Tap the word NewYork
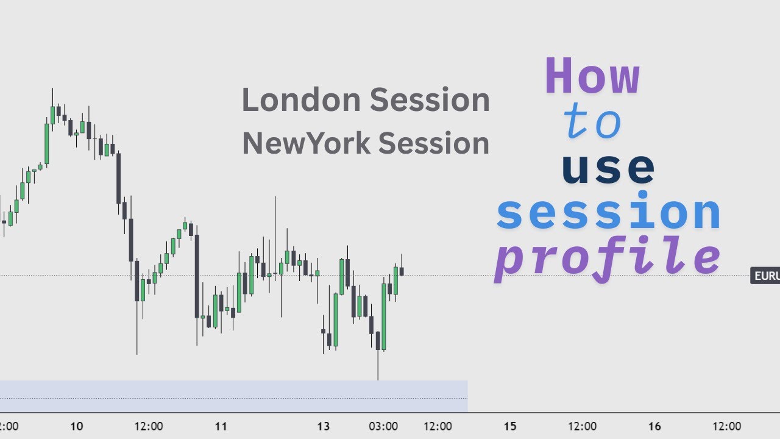click(x=306, y=143)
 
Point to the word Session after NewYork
click(x=434, y=143)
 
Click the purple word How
click(x=592, y=77)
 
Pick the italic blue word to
click(x=592, y=122)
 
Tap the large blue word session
click(x=609, y=213)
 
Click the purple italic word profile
click(x=608, y=257)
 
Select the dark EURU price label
click(x=766, y=276)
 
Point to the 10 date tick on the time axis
click(x=76, y=426)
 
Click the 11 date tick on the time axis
click(x=221, y=426)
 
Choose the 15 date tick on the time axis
click(x=510, y=426)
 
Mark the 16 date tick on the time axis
click(x=654, y=426)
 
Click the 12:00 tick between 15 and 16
click(x=583, y=426)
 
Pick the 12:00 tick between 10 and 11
click(x=149, y=426)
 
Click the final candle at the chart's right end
click(x=402, y=271)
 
